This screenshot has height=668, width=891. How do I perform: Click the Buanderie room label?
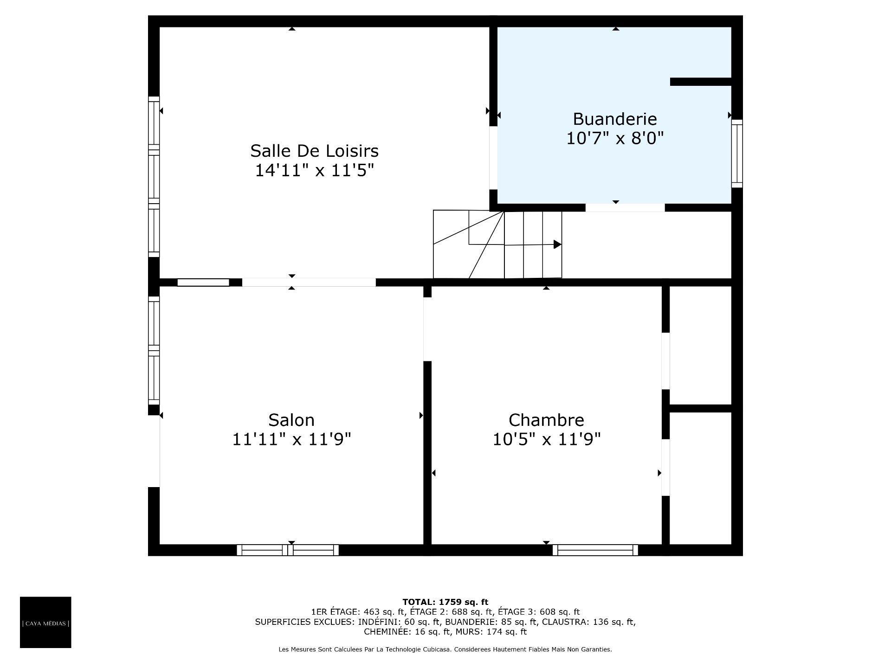pyautogui.click(x=615, y=119)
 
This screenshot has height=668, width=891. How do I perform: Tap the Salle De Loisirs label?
pyautogui.click(x=314, y=151)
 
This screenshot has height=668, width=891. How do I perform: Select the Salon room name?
pyautogui.click(x=291, y=420)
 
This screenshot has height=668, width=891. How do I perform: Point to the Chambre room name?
pyautogui.click(x=546, y=420)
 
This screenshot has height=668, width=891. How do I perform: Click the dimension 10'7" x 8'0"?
pyautogui.click(x=615, y=138)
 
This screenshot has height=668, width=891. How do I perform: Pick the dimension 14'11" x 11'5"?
pyautogui.click(x=314, y=171)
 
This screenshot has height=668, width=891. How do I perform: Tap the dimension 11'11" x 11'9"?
pyautogui.click(x=291, y=439)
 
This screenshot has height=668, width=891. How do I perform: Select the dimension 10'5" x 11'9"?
pyautogui.click(x=546, y=439)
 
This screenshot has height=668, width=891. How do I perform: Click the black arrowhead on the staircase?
pyautogui.click(x=557, y=244)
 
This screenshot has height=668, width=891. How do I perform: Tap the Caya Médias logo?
pyautogui.click(x=45, y=622)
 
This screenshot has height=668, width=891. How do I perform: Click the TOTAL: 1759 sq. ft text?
pyautogui.click(x=445, y=602)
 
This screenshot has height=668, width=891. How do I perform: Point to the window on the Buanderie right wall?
pyautogui.click(x=737, y=154)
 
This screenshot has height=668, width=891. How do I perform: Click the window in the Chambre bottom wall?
pyautogui.click(x=595, y=550)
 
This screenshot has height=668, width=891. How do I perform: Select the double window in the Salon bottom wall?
pyautogui.click(x=288, y=550)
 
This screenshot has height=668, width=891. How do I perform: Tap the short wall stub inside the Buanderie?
pyautogui.click(x=701, y=82)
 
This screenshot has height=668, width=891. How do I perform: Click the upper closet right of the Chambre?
pyautogui.click(x=701, y=345)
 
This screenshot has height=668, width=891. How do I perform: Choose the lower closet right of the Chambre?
pyautogui.click(x=701, y=478)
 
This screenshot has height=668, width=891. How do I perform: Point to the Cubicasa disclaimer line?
pyautogui.click(x=445, y=649)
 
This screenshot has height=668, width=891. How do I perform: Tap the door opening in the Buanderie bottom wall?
pyautogui.click(x=625, y=208)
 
